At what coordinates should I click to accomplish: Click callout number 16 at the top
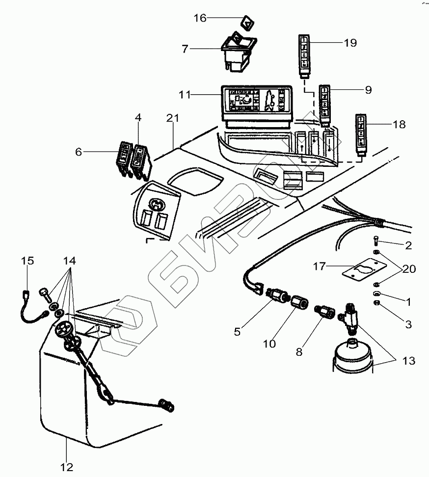click(x=200, y=18)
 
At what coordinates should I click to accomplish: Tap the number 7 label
click(x=185, y=49)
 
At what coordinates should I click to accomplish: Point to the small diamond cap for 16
click(x=247, y=23)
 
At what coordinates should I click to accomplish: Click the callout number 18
click(x=399, y=125)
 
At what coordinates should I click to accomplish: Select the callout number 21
click(x=172, y=118)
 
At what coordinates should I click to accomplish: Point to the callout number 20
click(x=409, y=269)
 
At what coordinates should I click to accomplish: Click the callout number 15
click(x=27, y=261)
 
